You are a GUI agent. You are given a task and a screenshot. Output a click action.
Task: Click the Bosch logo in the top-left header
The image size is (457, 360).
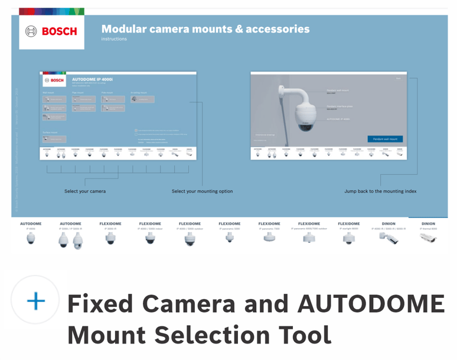(x=51, y=31)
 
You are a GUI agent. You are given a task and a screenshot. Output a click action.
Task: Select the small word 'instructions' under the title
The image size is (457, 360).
(x=114, y=40)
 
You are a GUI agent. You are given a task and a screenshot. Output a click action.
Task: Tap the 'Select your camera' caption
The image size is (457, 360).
(x=85, y=191)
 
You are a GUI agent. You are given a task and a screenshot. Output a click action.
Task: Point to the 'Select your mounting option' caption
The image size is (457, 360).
(x=202, y=191)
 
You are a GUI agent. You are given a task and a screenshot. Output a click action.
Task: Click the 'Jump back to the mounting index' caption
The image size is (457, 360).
(x=380, y=191)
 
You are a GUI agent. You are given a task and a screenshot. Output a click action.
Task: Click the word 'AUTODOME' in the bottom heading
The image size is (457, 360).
(x=371, y=304)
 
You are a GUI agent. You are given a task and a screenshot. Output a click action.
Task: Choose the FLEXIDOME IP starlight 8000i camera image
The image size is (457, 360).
(x=349, y=238)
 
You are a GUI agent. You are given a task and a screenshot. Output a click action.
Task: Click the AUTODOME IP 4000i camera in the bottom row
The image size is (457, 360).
(x=31, y=238)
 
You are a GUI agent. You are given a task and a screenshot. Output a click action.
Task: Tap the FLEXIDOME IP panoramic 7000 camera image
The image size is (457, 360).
(x=269, y=238)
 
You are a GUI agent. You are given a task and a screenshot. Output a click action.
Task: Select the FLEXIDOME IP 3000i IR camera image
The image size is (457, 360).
(x=110, y=238)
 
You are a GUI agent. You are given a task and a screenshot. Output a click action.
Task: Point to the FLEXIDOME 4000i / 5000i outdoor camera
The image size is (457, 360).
(x=190, y=239)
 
